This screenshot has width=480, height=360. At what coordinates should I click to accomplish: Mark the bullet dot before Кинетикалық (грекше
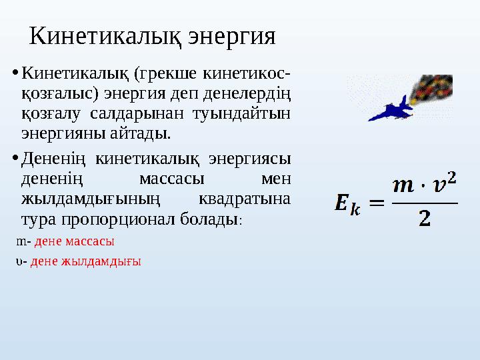click(x=16, y=70)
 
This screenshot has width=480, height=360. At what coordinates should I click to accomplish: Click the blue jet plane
click(x=391, y=109)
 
